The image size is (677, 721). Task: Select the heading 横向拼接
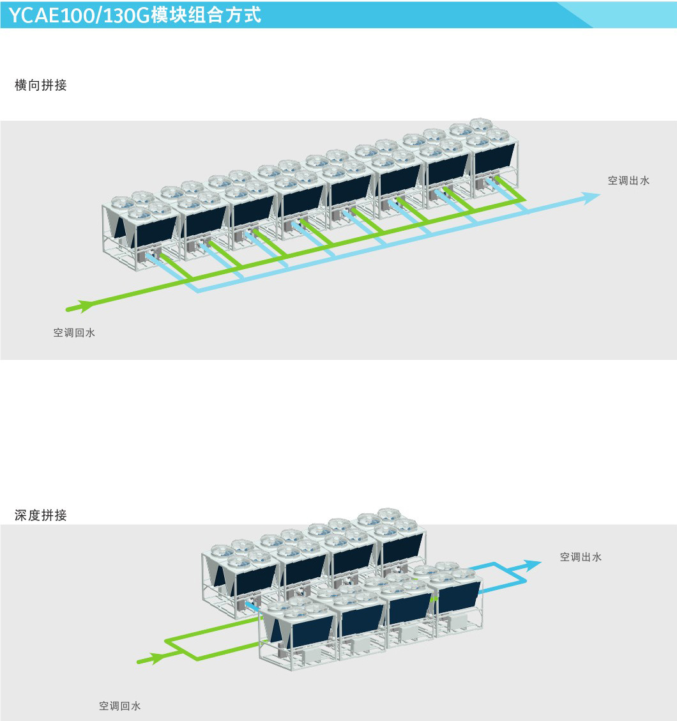click(41, 85)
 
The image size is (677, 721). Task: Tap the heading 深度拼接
click(41, 515)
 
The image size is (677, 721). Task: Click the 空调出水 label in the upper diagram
click(628, 181)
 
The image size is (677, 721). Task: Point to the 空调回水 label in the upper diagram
click(74, 332)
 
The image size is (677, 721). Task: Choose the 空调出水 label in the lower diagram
click(581, 557)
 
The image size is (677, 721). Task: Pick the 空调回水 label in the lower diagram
click(119, 706)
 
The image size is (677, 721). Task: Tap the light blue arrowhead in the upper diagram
click(591, 197)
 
